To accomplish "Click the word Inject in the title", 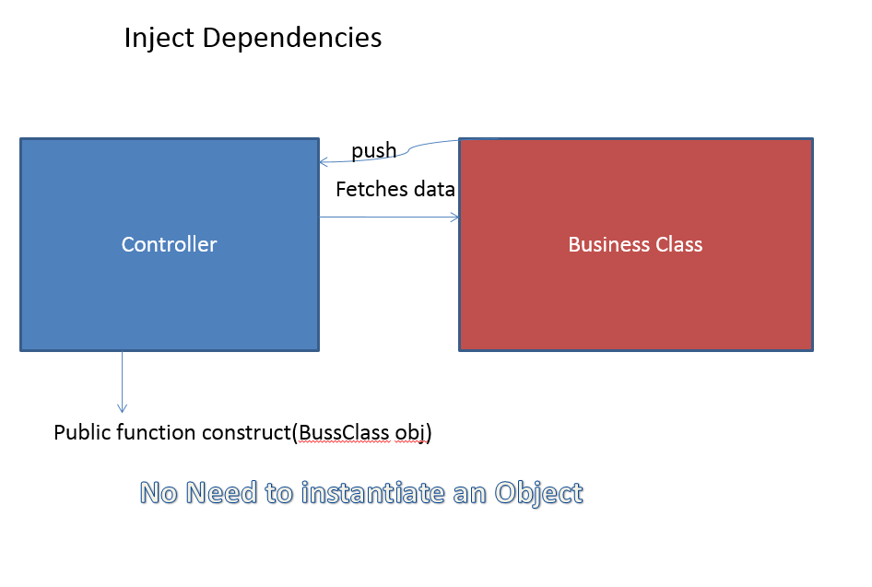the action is coord(159,39).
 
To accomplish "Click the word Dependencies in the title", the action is coord(292,38).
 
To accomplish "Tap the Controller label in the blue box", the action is coord(169,244).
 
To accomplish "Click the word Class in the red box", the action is coord(679,244).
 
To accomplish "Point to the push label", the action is coord(373,150).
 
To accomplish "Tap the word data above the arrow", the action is coord(434,190).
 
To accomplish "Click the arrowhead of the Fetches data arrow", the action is coord(455,217).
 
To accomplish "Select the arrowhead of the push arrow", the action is coord(324,162).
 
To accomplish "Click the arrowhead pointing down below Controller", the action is coord(123,408).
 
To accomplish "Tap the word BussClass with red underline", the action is coord(344,432).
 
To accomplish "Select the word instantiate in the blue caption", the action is coord(373,493).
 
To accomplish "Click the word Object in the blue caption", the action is coord(538,494).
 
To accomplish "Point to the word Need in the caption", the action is coord(221,493).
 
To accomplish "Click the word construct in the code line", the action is coord(246,432).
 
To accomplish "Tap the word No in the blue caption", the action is coord(159,493).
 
